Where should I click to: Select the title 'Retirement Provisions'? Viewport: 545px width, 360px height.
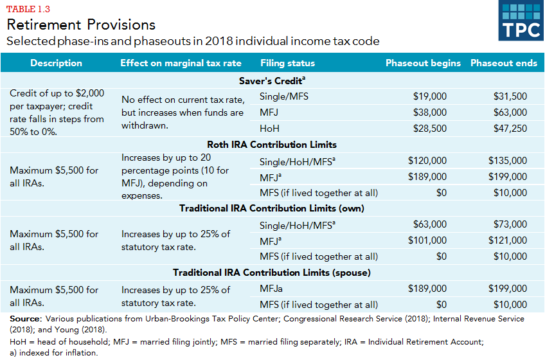click(81, 24)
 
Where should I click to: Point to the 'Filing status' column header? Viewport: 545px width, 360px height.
click(288, 63)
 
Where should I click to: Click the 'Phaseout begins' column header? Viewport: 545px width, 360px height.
click(423, 63)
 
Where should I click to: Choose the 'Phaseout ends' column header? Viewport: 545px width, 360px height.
click(504, 63)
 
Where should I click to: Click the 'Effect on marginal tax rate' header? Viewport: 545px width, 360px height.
click(181, 63)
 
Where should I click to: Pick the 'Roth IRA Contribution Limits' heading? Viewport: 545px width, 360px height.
click(272, 144)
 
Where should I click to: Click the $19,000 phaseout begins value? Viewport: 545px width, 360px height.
click(429, 96)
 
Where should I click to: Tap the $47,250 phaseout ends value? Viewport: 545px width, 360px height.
click(510, 129)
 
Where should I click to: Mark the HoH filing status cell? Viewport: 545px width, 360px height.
click(269, 129)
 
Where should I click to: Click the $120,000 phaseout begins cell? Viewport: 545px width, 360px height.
click(427, 161)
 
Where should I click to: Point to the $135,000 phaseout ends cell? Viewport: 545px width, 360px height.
click(507, 161)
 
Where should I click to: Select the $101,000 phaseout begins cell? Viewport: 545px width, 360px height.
click(427, 240)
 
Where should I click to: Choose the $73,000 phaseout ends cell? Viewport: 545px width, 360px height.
click(510, 224)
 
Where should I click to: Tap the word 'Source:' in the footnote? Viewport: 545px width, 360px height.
click(25, 319)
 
